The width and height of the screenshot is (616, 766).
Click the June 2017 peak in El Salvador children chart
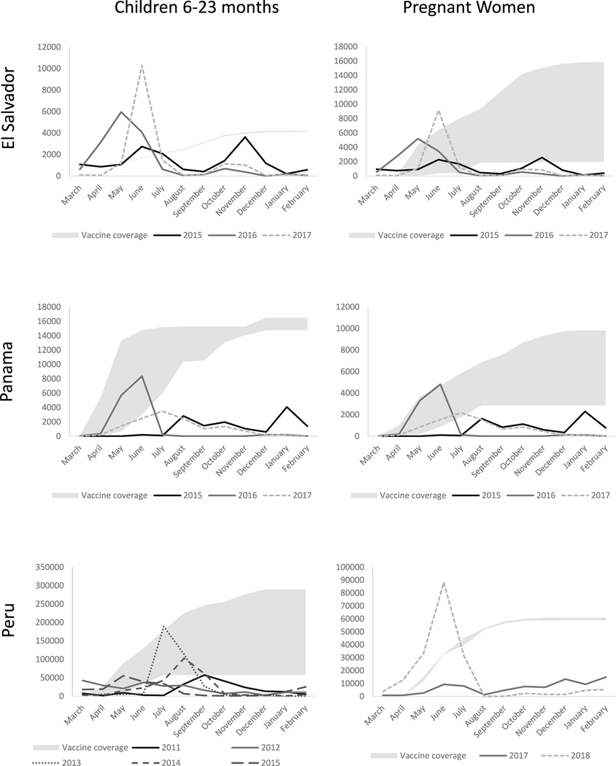141,66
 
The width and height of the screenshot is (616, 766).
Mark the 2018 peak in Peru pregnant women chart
443,583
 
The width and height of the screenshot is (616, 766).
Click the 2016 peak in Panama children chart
141,376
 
